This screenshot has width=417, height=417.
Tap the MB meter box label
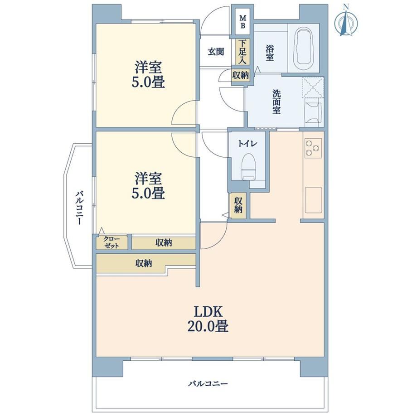pyautogui.click(x=243, y=22)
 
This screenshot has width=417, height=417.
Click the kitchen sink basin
pyautogui.click(x=313, y=200)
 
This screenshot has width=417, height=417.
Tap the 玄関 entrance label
pyautogui.click(x=216, y=52)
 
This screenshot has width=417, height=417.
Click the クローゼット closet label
pyautogui.click(x=112, y=242)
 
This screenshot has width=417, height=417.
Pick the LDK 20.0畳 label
pyautogui.click(x=208, y=319)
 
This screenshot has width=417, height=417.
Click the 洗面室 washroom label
pyautogui.click(x=276, y=102)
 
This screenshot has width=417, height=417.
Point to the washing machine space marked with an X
pyautogui.click(x=313, y=87)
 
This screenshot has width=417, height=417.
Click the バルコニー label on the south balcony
pyautogui.click(x=208, y=383)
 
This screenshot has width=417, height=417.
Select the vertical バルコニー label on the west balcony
pyautogui.click(x=79, y=208)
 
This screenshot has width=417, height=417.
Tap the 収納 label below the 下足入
pyautogui.click(x=240, y=76)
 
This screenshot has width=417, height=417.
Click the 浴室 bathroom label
pyautogui.click(x=270, y=53)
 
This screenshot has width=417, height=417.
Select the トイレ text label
pyautogui.click(x=247, y=144)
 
